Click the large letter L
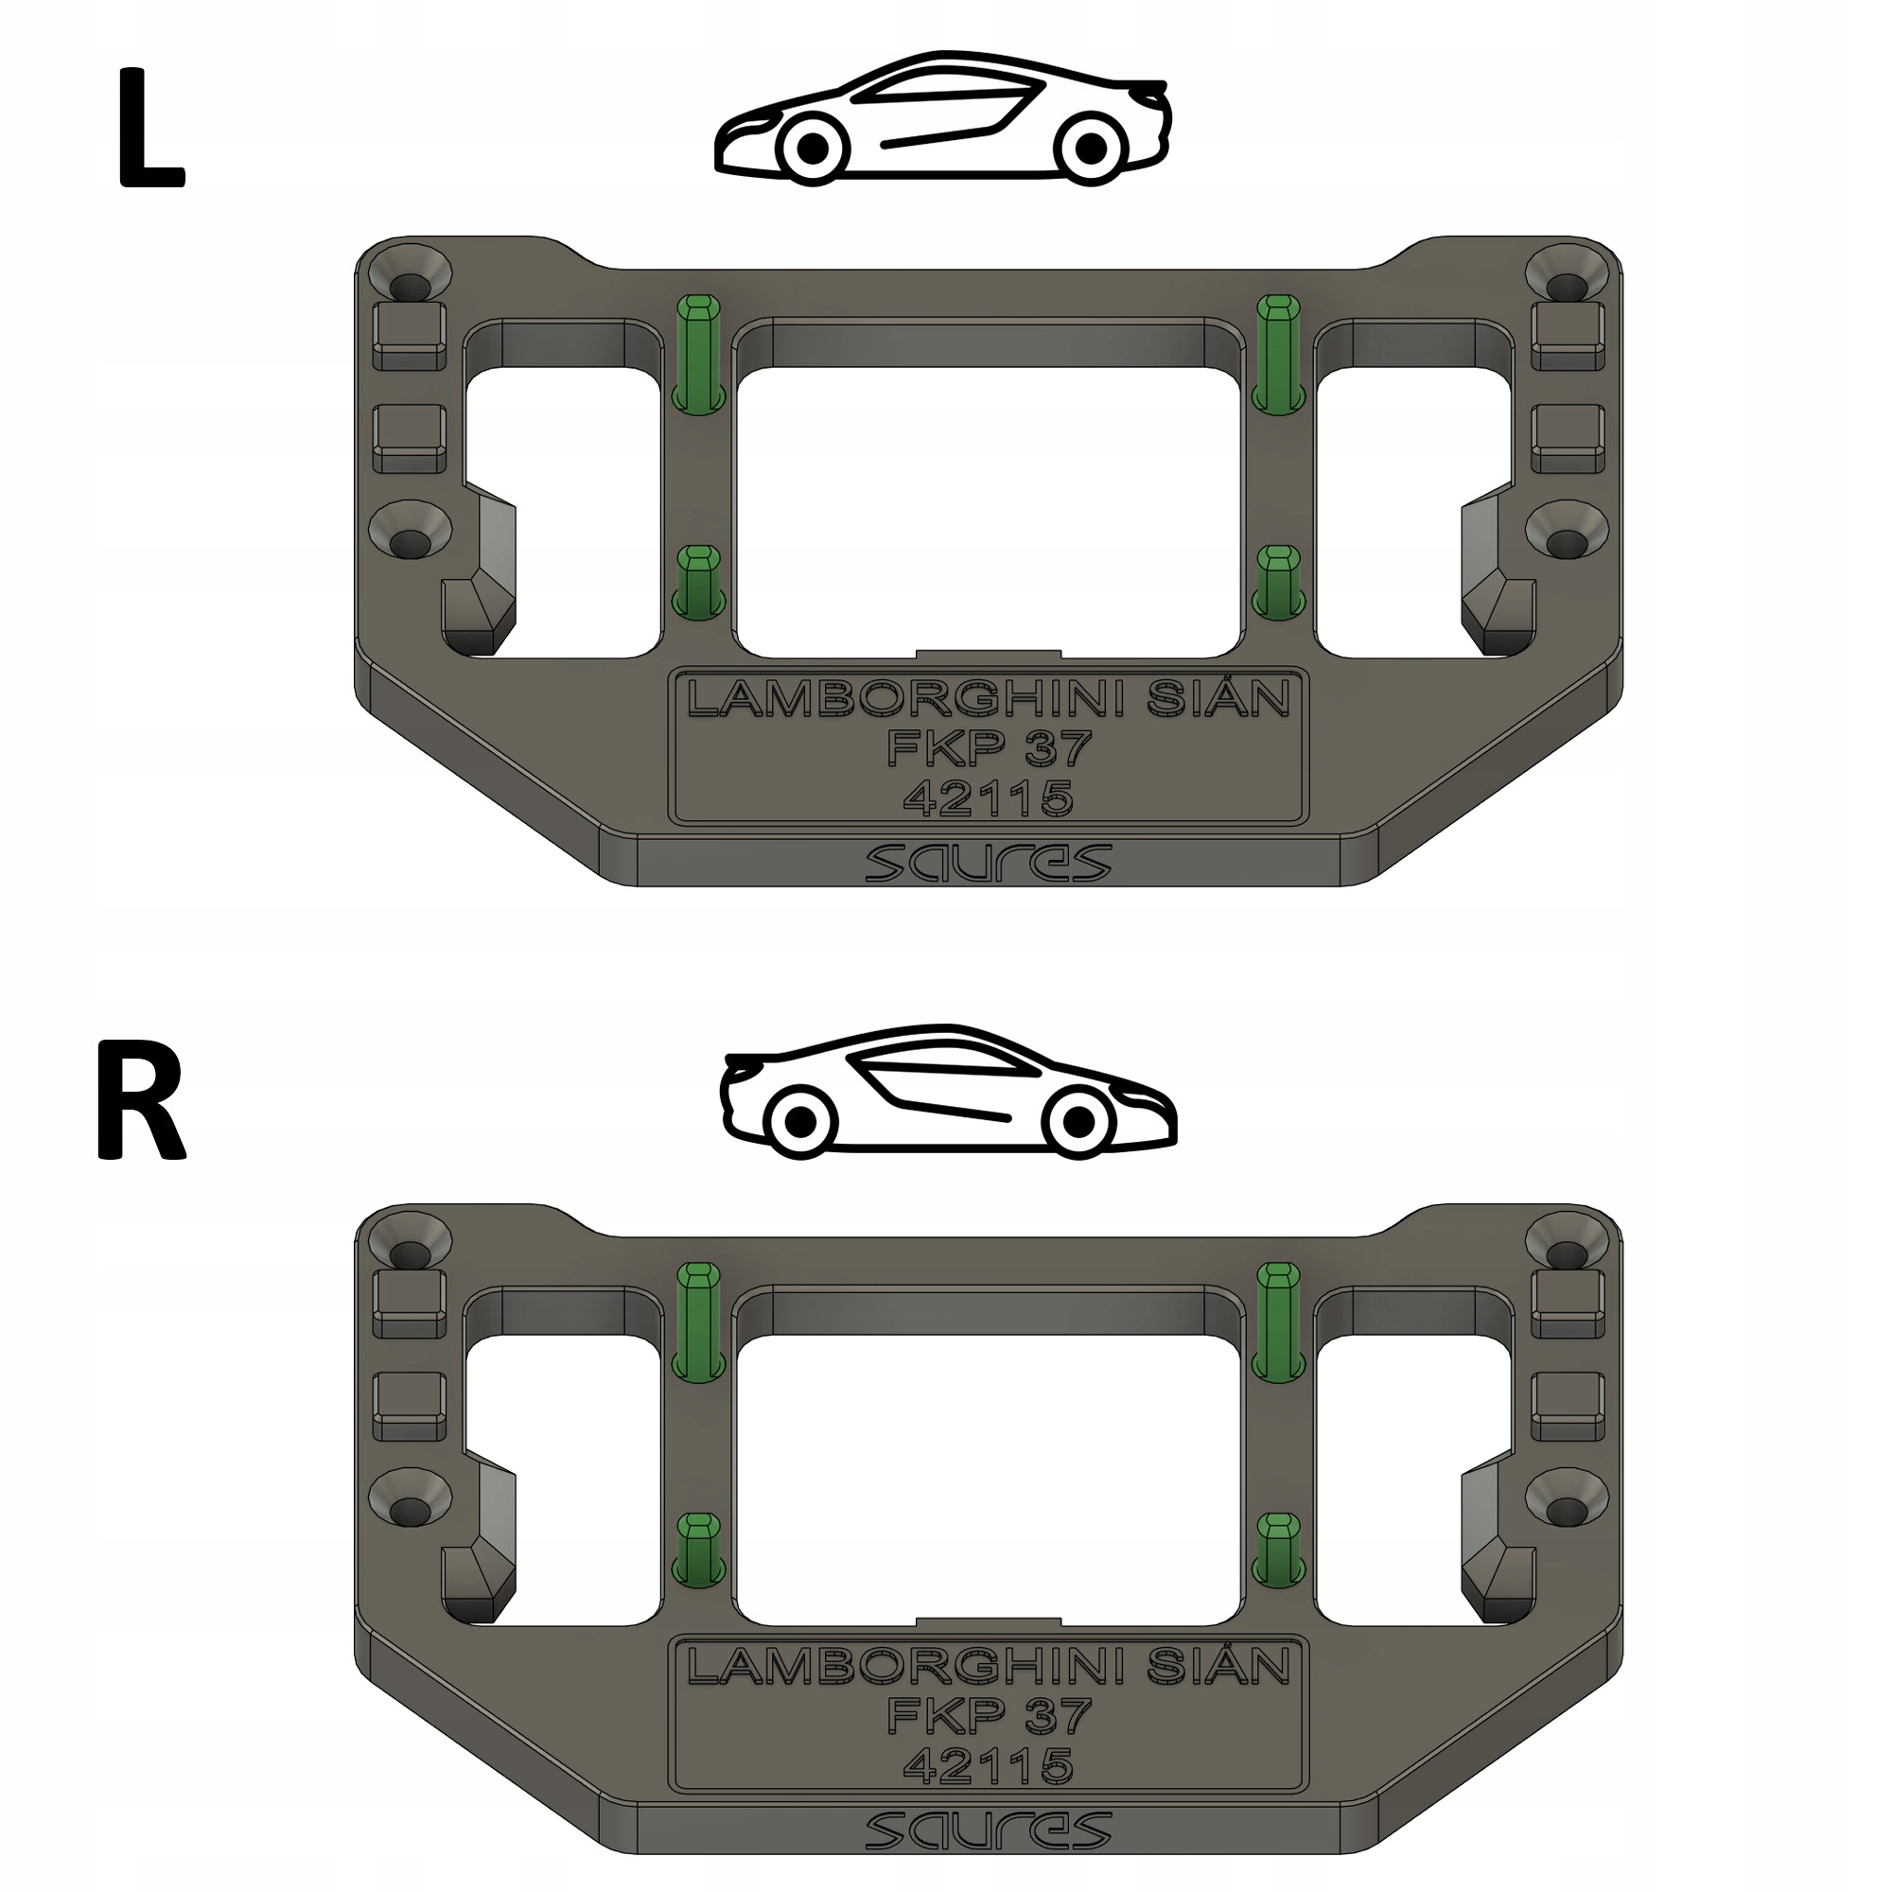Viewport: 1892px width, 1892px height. (149, 129)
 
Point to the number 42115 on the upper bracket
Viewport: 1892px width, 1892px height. (989, 798)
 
